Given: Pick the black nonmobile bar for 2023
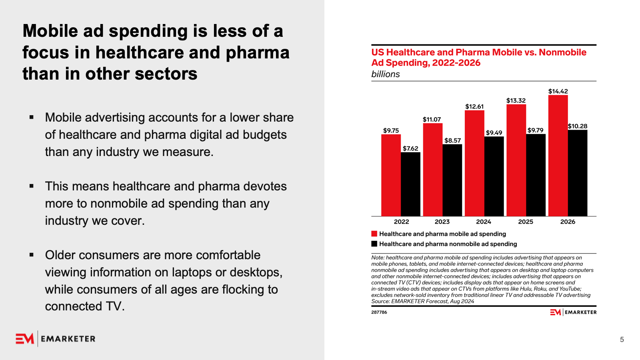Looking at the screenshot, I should pyautogui.click(x=452, y=180).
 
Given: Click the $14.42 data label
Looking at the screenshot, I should pyautogui.click(x=558, y=91).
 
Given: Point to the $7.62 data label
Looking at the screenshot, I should pyautogui.click(x=410, y=148).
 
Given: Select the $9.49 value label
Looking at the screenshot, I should pyautogui.click(x=494, y=133).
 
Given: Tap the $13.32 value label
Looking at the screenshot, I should pyautogui.click(x=516, y=100).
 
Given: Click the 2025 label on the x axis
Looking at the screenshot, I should pyautogui.click(x=526, y=222).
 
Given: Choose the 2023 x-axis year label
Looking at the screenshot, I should pyautogui.click(x=442, y=222).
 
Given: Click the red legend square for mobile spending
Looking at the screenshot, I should pyautogui.click(x=374, y=234).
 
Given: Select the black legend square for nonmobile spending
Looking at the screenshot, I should pyautogui.click(x=374, y=244).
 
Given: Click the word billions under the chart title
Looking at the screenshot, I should pyautogui.click(x=386, y=74).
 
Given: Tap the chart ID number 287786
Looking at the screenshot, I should pyautogui.click(x=379, y=312).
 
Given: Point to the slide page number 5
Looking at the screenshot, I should pyautogui.click(x=622, y=340).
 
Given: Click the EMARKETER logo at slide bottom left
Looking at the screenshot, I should pyautogui.click(x=56, y=339).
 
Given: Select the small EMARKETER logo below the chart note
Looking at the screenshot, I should pyautogui.click(x=573, y=312).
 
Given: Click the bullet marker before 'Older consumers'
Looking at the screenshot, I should pyautogui.click(x=32, y=255).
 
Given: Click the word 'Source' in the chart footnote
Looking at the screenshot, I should pyautogui.click(x=380, y=301).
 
